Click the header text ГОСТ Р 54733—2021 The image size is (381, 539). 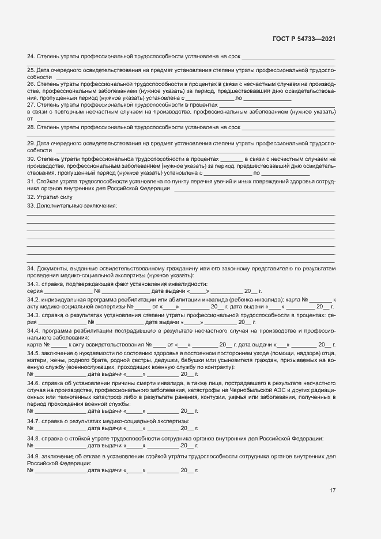303,39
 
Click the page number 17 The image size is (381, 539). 332,491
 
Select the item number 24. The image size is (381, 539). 31,56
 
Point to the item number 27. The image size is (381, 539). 31,105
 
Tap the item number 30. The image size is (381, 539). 31,159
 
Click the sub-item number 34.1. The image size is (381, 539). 33,284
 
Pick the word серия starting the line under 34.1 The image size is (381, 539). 35,291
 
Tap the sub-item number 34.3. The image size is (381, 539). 33,315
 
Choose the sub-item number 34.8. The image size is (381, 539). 33,439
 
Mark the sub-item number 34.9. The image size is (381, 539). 33,456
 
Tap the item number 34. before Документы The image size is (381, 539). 31,269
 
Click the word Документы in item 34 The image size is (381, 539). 52,269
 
